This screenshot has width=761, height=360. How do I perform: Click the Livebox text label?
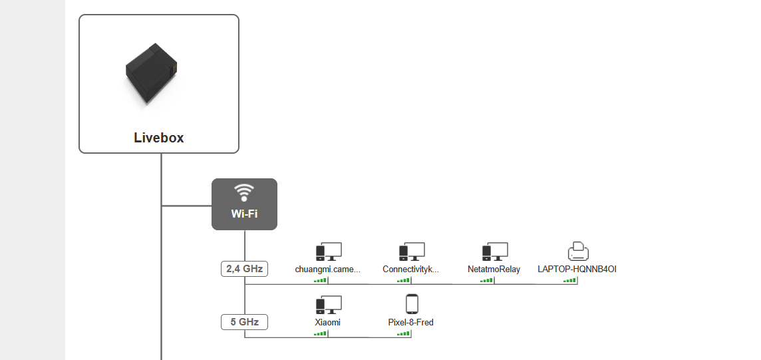pyautogui.click(x=158, y=138)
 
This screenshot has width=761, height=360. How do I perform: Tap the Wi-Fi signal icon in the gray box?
pyautogui.click(x=244, y=192)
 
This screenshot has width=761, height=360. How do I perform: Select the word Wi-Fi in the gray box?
pyautogui.click(x=244, y=214)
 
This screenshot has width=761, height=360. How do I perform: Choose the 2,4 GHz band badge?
pyautogui.click(x=244, y=270)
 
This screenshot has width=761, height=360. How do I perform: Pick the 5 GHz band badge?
pyautogui.click(x=244, y=322)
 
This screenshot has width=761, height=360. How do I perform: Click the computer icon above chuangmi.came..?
pyautogui.click(x=328, y=252)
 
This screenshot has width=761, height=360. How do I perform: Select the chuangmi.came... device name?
pyautogui.click(x=328, y=270)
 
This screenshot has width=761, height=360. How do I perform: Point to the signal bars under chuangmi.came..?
pyautogui.click(x=320, y=281)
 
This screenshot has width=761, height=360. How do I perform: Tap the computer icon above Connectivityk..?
pyautogui.click(x=411, y=252)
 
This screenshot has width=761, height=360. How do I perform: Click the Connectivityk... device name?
pyautogui.click(x=411, y=270)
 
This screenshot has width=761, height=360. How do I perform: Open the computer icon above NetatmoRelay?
pyautogui.click(x=494, y=252)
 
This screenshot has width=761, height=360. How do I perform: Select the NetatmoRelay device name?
pyautogui.click(x=494, y=270)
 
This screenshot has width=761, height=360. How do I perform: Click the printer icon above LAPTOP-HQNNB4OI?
pyautogui.click(x=577, y=252)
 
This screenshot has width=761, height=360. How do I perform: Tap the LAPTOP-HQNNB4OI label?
pyautogui.click(x=577, y=270)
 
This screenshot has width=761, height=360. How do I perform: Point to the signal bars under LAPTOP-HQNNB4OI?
pyautogui.click(x=569, y=281)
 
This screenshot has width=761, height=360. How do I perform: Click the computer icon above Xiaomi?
pyautogui.click(x=328, y=305)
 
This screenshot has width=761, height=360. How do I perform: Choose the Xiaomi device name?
pyautogui.click(x=328, y=322)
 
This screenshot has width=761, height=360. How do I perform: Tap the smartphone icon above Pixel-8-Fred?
pyautogui.click(x=411, y=304)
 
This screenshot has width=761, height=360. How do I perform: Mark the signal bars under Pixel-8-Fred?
pyautogui.click(x=403, y=333)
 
